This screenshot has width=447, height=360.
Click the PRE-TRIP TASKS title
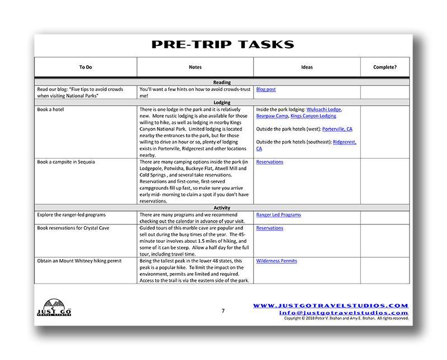tap(222, 45)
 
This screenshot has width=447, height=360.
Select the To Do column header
tap(85, 67)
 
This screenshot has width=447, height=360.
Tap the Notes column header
tap(195, 67)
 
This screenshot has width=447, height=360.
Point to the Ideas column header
tap(307, 67)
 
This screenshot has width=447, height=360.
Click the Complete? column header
tap(385, 67)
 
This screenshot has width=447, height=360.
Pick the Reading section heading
tap(222, 82)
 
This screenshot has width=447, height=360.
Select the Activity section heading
tap(222, 208)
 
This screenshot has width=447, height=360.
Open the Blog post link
tap(266, 89)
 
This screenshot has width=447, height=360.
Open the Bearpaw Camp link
tap(272, 116)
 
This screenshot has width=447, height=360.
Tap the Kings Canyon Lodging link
tap(313, 116)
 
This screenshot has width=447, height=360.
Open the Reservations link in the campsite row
tap(269, 162)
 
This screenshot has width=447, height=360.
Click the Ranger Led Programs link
tap(278, 215)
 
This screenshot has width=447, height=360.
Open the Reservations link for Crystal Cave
tap(269, 228)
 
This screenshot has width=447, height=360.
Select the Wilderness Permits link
tap(277, 261)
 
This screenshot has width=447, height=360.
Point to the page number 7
tap(222, 311)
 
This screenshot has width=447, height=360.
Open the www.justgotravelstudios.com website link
tap(331, 305)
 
